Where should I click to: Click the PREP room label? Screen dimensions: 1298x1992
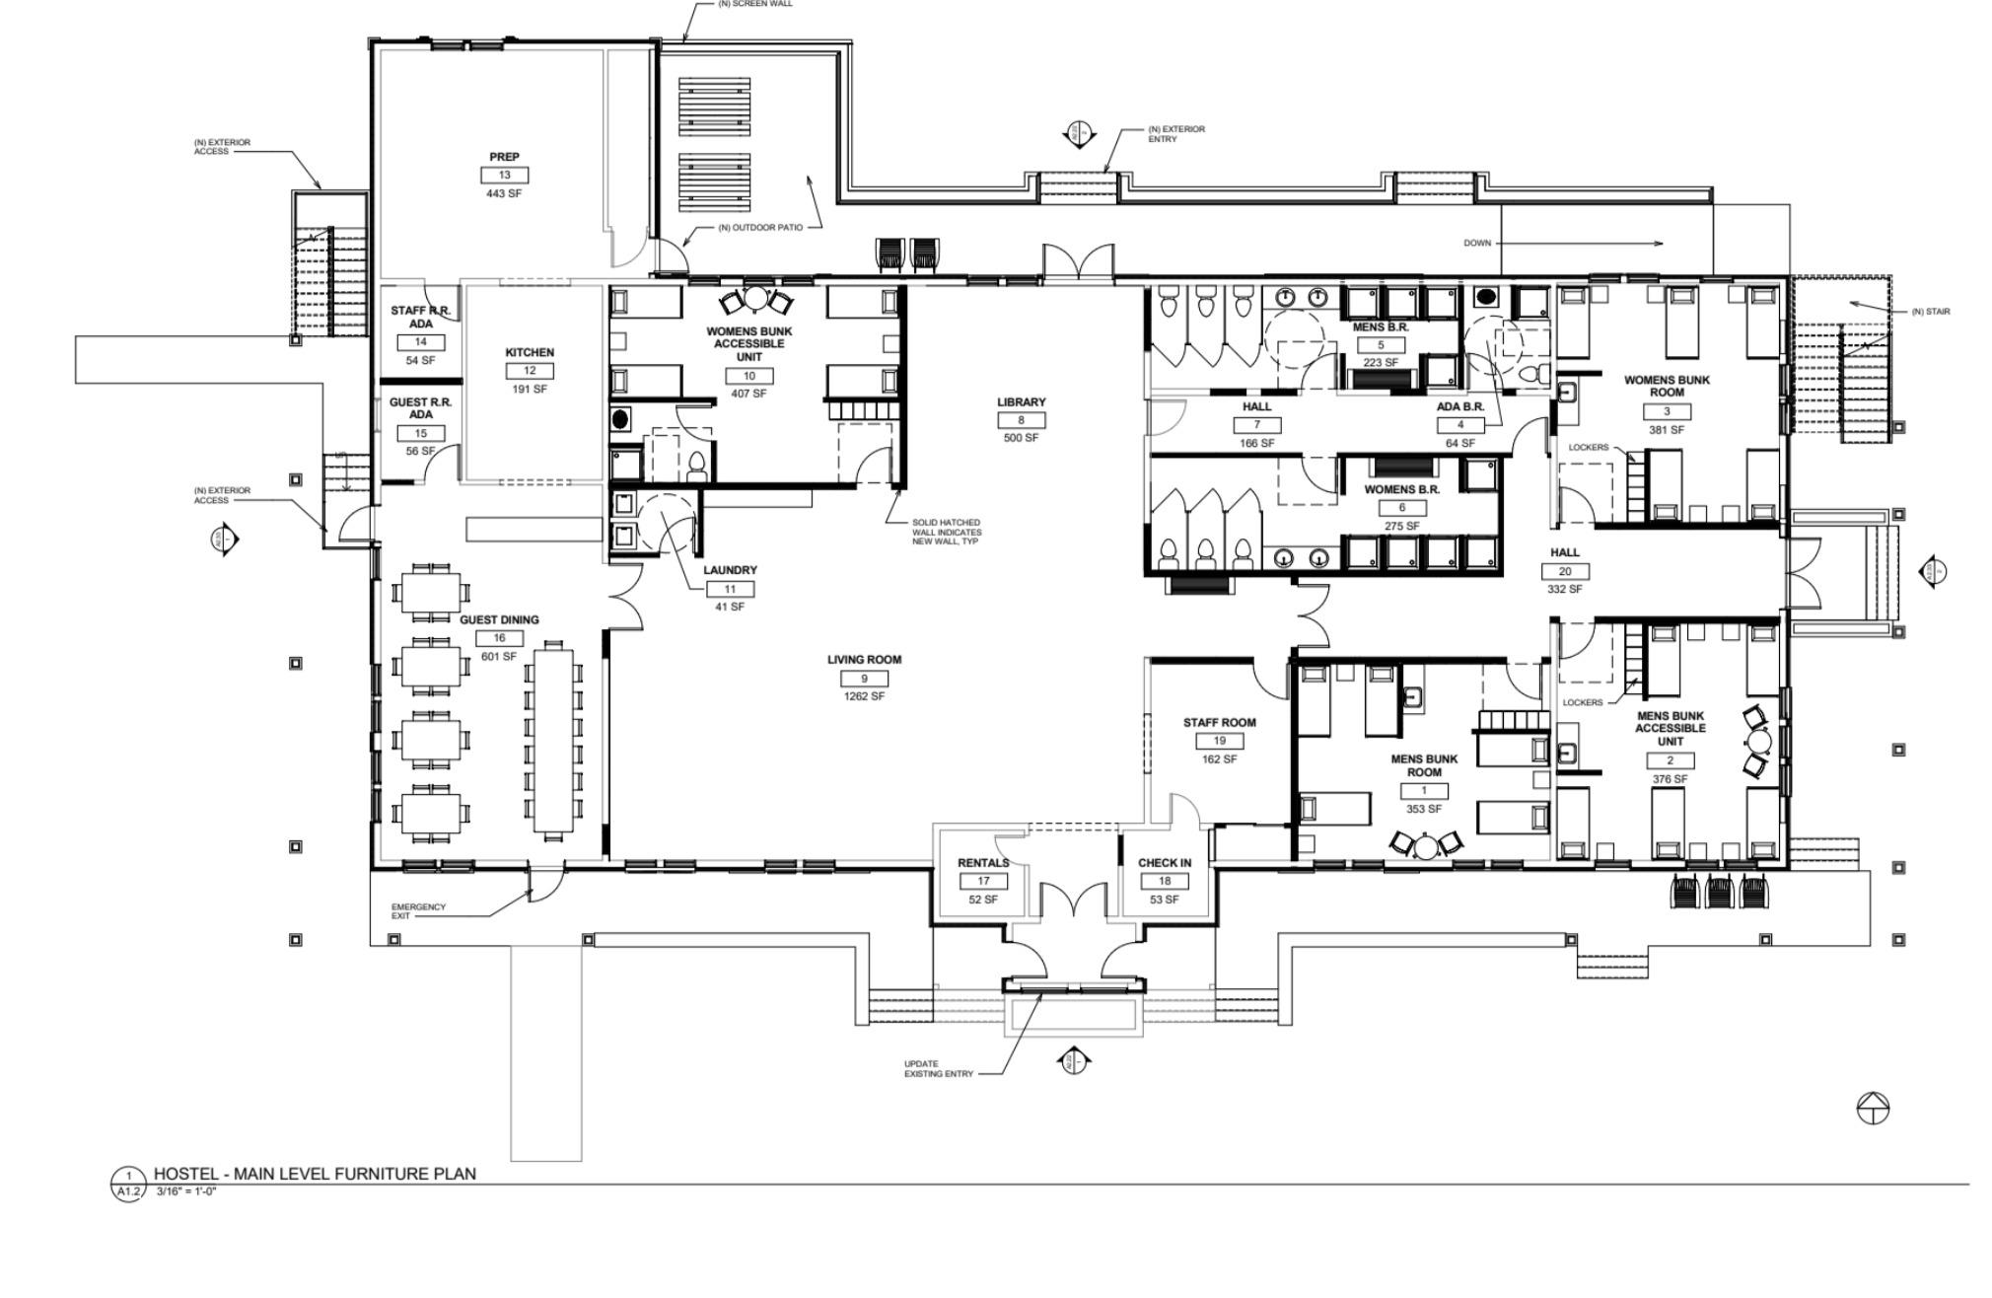click(504, 157)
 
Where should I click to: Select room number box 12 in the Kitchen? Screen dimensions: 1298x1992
click(530, 371)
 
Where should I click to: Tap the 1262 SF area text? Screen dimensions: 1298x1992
click(864, 696)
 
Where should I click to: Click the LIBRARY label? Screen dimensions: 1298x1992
click(1021, 402)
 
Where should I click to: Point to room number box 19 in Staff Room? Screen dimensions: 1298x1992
click(1220, 741)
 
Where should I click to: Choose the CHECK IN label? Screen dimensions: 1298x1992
click(1165, 863)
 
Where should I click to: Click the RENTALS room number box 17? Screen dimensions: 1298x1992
click(983, 881)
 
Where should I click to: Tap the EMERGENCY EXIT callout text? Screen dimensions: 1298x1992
click(419, 911)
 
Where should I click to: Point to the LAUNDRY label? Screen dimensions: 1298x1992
click(730, 570)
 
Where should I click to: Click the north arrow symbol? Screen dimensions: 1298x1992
click(1873, 1109)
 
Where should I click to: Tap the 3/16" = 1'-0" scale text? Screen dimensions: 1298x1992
click(186, 1191)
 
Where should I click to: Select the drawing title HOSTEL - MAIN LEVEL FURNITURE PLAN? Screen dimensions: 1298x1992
click(315, 1174)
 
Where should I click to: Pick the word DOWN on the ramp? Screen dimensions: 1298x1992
click(1477, 243)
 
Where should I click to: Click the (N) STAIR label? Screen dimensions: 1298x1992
click(1930, 312)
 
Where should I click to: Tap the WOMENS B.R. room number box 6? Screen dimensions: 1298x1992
click(1401, 508)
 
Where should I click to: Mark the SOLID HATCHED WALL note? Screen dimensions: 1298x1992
click(946, 532)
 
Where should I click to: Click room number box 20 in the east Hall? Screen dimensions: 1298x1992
click(1565, 571)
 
